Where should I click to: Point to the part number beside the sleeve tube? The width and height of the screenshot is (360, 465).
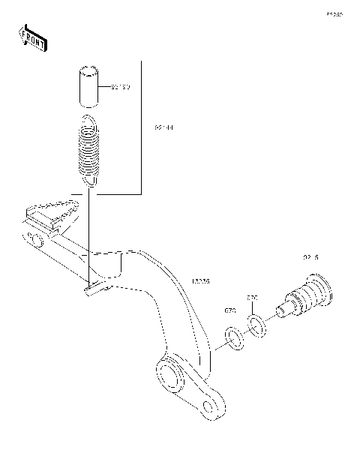[x=120, y=88]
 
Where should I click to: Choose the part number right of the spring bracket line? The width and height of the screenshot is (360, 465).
[x=164, y=128]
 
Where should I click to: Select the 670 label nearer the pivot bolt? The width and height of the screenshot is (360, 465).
[x=253, y=298]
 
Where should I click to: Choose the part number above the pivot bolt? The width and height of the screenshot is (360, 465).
[x=310, y=257]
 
